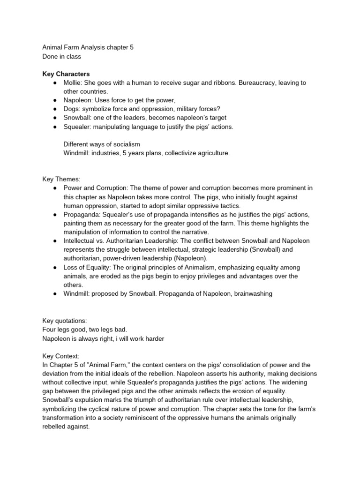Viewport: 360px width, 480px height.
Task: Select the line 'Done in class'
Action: click(61, 56)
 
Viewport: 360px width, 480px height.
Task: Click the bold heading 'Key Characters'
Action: click(66, 74)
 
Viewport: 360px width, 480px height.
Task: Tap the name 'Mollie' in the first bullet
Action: click(73, 83)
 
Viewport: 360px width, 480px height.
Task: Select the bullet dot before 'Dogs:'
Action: click(55, 109)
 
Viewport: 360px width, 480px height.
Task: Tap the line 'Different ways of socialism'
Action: click(101, 144)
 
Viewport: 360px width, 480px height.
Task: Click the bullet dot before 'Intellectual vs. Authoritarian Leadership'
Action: click(55, 241)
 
